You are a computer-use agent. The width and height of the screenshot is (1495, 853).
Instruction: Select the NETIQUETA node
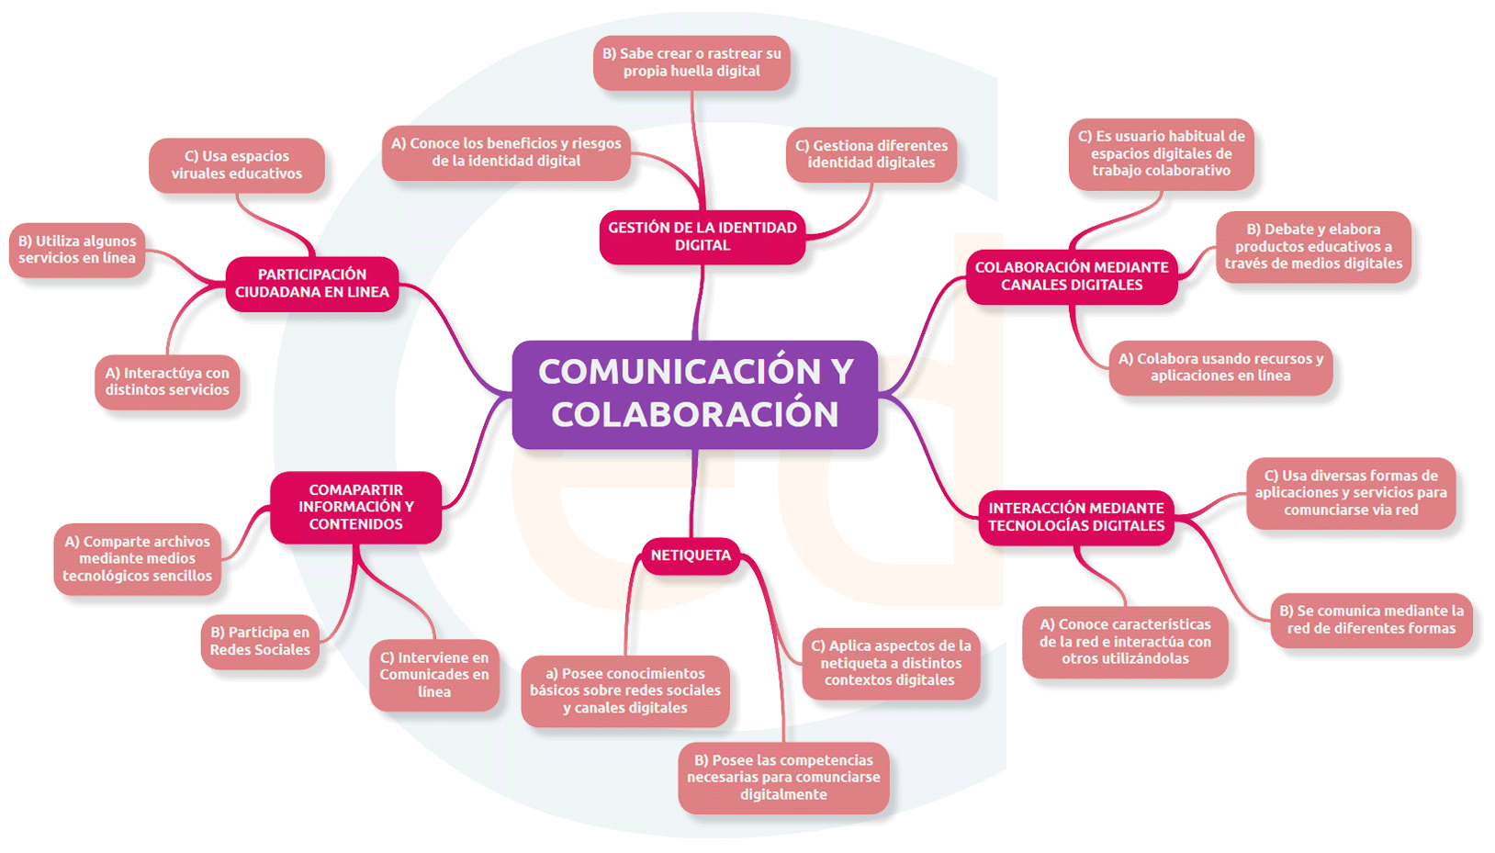point(691,556)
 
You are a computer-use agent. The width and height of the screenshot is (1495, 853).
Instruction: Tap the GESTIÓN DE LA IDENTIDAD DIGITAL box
point(703,237)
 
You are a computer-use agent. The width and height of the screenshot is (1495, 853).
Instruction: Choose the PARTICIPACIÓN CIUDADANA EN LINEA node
point(312,284)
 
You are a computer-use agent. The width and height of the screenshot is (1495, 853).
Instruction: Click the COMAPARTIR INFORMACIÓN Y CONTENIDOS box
point(355,507)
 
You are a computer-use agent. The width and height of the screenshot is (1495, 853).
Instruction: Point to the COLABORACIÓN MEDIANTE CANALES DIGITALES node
point(1072,276)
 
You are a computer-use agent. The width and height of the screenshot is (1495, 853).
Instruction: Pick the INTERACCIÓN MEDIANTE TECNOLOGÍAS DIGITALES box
point(1076,517)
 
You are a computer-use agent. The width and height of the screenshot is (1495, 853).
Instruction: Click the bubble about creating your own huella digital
point(691,62)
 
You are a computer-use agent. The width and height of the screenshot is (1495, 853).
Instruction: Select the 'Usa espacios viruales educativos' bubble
point(237,165)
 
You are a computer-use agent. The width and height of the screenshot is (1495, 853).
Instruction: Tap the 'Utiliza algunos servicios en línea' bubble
point(77,250)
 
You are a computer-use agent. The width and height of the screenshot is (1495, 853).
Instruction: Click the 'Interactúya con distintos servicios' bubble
point(167,382)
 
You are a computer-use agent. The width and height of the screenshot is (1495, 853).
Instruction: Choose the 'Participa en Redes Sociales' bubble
point(260,641)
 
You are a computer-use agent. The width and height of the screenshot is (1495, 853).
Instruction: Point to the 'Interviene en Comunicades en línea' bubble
point(434,675)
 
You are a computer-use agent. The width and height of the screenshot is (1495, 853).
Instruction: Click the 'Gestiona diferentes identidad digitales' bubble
point(871,154)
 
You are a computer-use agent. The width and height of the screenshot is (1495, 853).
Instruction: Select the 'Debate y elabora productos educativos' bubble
point(1313,246)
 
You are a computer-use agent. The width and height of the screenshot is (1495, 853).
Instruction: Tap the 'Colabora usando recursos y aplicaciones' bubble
point(1220,367)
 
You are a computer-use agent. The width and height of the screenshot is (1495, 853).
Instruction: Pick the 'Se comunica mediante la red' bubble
point(1371,620)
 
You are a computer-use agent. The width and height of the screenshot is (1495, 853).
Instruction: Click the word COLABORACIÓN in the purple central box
point(695,415)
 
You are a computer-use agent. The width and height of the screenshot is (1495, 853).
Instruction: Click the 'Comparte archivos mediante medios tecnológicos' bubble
point(138,559)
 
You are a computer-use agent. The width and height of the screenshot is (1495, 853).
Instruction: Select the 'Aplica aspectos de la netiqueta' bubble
point(891,663)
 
